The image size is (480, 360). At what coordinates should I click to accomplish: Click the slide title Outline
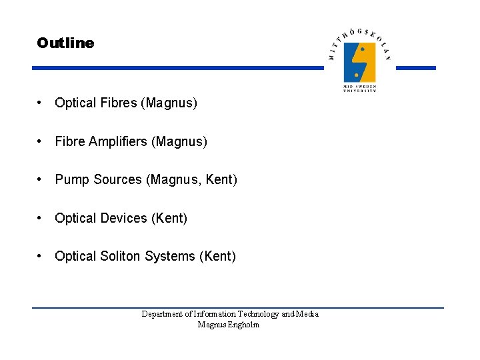tap(65, 43)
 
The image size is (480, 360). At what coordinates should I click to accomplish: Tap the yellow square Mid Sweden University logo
tap(359, 62)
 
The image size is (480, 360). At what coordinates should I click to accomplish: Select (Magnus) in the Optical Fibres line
tap(171, 103)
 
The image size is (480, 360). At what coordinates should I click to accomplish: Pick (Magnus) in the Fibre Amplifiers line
tap(179, 141)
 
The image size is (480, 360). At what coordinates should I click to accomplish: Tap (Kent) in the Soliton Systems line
tap(217, 256)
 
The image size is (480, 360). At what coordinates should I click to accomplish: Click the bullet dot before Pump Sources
tap(41, 180)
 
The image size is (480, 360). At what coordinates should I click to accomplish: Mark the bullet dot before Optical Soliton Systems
tap(41, 256)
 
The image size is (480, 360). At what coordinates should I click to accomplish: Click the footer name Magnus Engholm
tap(229, 325)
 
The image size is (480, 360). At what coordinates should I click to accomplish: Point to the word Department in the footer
tap(162, 314)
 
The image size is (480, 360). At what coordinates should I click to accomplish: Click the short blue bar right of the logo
tap(415, 68)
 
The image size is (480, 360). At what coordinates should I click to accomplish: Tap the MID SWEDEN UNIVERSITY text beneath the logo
tap(359, 88)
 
